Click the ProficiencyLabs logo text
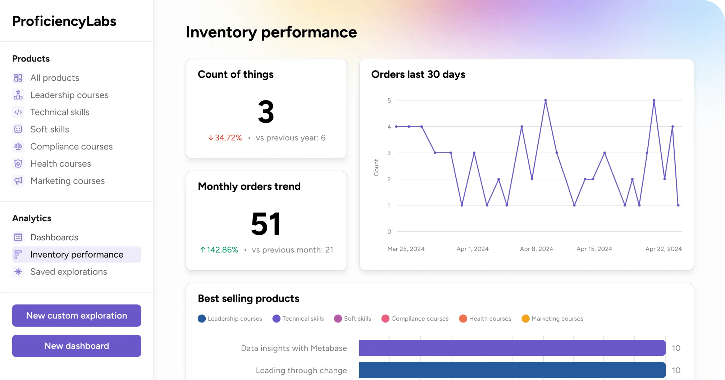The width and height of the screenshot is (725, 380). [64, 21]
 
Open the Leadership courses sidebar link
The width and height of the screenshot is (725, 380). [69, 95]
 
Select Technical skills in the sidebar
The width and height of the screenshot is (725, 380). [60, 112]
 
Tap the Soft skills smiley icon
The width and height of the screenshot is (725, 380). [18, 130]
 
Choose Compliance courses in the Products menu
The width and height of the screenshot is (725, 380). [71, 146]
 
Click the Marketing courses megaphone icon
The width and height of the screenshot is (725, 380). [18, 181]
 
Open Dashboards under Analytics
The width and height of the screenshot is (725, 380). [54, 237]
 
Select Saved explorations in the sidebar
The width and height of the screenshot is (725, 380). [68, 272]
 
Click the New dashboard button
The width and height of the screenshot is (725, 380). [77, 346]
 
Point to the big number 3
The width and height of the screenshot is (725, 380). [266, 112]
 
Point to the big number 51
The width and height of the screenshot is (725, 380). [266, 224]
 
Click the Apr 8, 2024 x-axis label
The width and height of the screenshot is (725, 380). [536, 249]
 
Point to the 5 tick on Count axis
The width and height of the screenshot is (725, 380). [389, 100]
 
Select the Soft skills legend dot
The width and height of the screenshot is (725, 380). [338, 319]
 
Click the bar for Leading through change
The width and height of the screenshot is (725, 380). [512, 370]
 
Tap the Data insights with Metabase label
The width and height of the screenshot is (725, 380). [294, 348]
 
